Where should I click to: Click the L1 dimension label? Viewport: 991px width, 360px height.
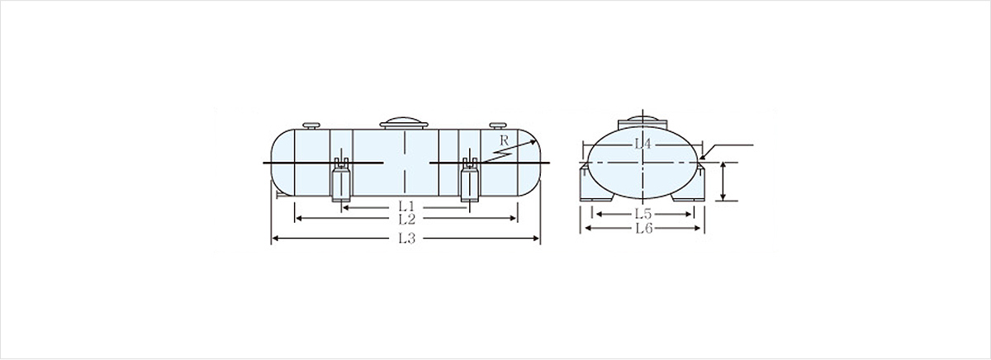coord(406,206)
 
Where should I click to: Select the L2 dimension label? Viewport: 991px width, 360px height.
coord(406,219)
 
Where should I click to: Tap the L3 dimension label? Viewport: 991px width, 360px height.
coord(406,239)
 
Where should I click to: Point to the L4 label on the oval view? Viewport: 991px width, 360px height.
coord(642,144)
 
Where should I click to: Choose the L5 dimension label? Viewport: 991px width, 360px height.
coord(643,214)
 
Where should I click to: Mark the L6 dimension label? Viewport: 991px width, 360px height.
coord(643,228)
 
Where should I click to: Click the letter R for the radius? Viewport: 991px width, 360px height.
coord(504,141)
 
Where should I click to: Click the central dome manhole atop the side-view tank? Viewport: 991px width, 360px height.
coord(404,123)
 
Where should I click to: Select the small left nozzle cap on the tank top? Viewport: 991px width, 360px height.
coord(311,126)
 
